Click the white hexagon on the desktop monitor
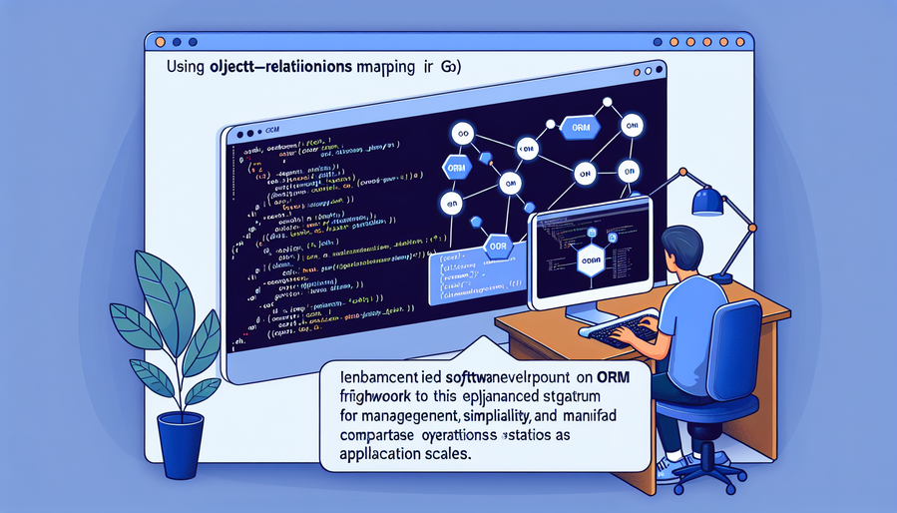click(590, 261)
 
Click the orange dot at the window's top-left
click(154, 41)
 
